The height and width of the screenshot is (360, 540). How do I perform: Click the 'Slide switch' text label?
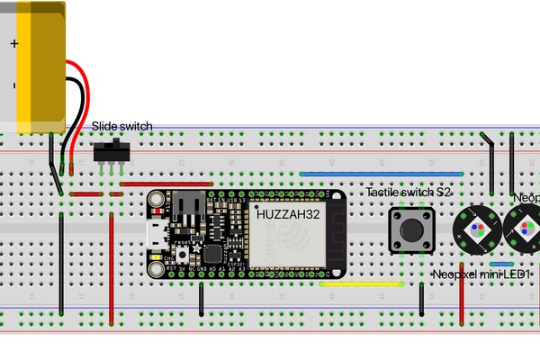pos(122,126)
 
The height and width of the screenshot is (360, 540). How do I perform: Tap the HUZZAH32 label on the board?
pos(286,215)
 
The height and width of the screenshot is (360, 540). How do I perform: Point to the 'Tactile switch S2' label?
pos(409,193)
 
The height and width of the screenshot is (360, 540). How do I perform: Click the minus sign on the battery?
pos(14,86)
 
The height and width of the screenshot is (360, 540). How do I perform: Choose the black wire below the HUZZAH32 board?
pos(202,297)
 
